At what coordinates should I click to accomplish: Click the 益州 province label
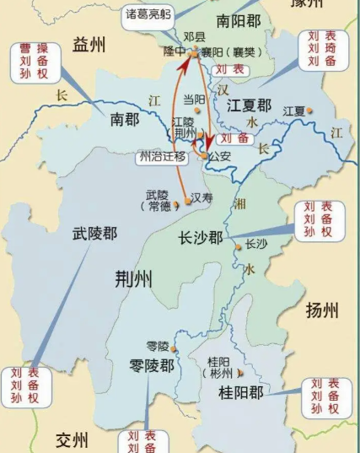click(x=93, y=44)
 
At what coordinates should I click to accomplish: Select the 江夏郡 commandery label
click(x=249, y=105)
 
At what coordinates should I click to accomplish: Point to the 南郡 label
click(x=131, y=120)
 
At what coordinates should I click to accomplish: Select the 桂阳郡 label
click(x=241, y=392)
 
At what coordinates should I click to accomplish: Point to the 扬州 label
click(x=322, y=310)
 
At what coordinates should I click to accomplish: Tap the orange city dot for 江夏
click(x=310, y=111)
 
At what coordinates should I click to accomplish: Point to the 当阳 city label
click(x=195, y=100)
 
